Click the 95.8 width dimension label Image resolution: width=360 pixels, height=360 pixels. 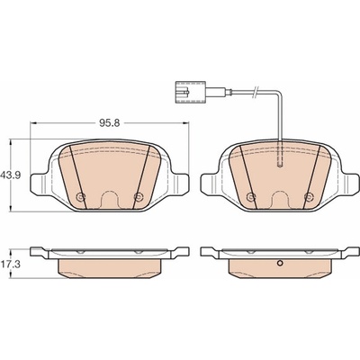point(110,122)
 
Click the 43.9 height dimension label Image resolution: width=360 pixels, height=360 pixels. point(10,175)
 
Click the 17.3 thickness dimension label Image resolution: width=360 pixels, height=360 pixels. point(10,264)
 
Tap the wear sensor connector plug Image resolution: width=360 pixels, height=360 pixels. point(190,92)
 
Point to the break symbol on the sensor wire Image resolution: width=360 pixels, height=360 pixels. point(256,92)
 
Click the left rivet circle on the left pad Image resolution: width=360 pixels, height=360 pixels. point(81,197)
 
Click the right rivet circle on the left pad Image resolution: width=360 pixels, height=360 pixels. point(138,197)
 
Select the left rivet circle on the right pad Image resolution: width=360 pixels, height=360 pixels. point(251,197)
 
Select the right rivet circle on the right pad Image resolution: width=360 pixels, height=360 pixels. point(309,197)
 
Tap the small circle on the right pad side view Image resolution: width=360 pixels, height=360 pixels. point(280,264)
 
